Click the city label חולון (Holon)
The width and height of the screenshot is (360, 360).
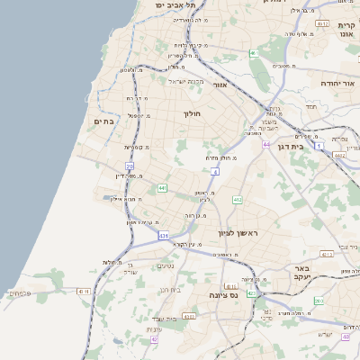pos(193,114)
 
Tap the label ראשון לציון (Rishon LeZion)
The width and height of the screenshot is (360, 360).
pos(238,233)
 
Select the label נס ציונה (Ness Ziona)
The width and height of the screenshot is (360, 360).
pos(223,295)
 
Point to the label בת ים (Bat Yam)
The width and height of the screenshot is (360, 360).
pos(103,121)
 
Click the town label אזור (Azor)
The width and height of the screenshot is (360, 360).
pos(220,87)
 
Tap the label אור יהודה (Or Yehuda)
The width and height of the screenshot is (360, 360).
pos(337,83)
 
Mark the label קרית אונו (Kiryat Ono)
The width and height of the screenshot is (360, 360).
pos(346,31)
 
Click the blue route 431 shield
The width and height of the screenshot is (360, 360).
pos(164,235)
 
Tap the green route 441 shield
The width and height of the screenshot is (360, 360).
pos(162,187)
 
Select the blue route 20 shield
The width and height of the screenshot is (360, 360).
pos(130,166)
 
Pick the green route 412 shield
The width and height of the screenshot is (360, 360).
pos(237,200)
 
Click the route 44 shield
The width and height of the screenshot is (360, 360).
pos(266,144)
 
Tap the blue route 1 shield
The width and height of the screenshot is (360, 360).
pos(319,145)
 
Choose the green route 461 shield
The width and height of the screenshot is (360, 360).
pos(255,53)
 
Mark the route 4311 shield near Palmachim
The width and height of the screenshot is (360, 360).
pos(84,292)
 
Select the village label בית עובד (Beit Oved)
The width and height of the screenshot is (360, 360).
pos(162,319)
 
